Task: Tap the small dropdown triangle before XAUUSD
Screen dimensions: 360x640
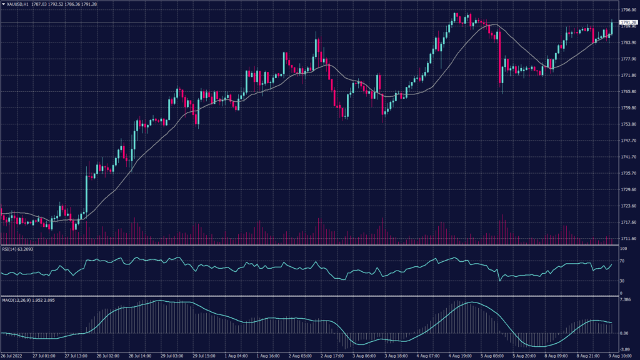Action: [x=3, y=4]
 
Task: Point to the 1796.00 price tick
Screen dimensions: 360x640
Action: [x=626, y=10]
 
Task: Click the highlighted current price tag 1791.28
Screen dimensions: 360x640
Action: [x=626, y=22]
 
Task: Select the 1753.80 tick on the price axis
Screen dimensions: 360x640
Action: [x=626, y=124]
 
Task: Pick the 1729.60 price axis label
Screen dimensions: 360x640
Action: [x=626, y=189]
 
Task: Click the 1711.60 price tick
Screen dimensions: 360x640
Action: [x=626, y=238]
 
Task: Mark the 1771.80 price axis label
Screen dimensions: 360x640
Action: [x=626, y=75]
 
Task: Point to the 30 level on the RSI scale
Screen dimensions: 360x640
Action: [x=622, y=281]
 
